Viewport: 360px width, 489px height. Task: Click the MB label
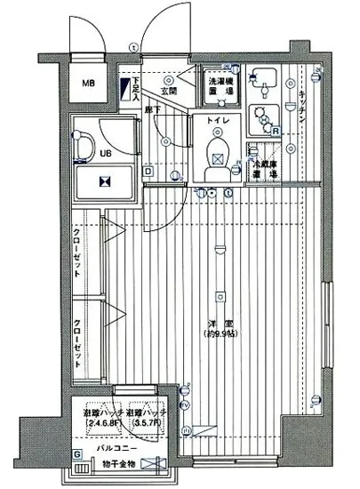[x=88, y=84]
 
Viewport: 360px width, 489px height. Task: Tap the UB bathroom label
[x=106, y=153]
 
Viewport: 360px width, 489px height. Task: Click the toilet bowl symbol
[x=215, y=154]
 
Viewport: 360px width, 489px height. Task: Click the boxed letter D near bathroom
[x=148, y=171]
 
